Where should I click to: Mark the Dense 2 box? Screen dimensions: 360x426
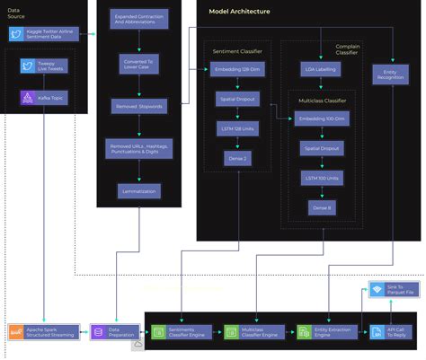(x=236, y=157)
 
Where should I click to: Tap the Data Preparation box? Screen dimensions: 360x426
(x=113, y=332)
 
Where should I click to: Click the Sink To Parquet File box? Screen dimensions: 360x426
(x=391, y=289)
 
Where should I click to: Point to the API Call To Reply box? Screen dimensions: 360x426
(x=391, y=332)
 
